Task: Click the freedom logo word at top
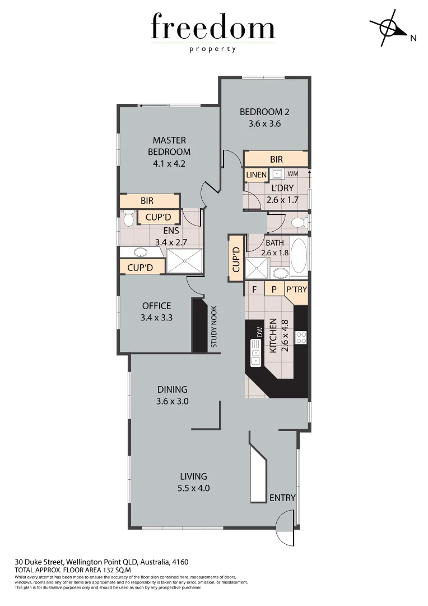[213, 28]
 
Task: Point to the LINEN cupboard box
[257, 175]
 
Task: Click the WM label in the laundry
[292, 175]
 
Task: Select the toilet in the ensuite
[128, 218]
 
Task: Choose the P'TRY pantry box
[296, 290]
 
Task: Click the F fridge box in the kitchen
[254, 290]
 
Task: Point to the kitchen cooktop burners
[301, 337]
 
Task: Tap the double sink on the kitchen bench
[255, 357]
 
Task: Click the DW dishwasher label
[259, 332]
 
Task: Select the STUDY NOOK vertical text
[214, 329]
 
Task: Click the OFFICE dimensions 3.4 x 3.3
[157, 317]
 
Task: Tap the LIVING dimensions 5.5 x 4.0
[193, 488]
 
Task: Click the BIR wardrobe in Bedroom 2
[276, 159]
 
